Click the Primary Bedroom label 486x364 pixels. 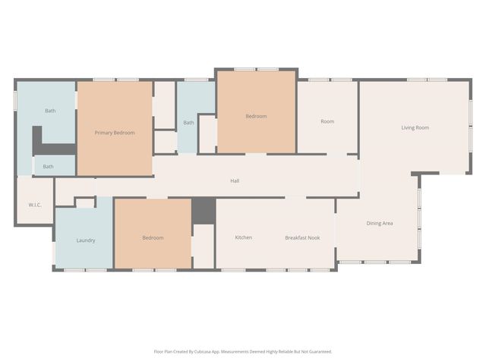(x=115, y=133)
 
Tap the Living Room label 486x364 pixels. (x=415, y=127)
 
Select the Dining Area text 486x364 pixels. (x=380, y=223)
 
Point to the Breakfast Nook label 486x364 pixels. (x=302, y=237)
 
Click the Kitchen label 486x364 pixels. (x=243, y=237)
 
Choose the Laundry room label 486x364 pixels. (x=86, y=240)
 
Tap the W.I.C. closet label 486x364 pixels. (x=35, y=205)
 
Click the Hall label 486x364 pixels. (x=235, y=180)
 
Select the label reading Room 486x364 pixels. (x=327, y=121)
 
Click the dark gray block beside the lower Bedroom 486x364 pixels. (x=204, y=211)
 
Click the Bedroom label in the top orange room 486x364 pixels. (x=256, y=116)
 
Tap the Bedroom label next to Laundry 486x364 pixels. (x=153, y=237)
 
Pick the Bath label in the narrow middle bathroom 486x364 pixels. (x=188, y=123)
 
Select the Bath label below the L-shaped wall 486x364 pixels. (x=48, y=167)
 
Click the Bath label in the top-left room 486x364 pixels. (x=50, y=111)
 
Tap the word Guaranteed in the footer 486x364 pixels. (x=320, y=352)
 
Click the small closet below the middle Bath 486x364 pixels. (x=166, y=142)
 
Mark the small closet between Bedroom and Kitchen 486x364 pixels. (x=204, y=246)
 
